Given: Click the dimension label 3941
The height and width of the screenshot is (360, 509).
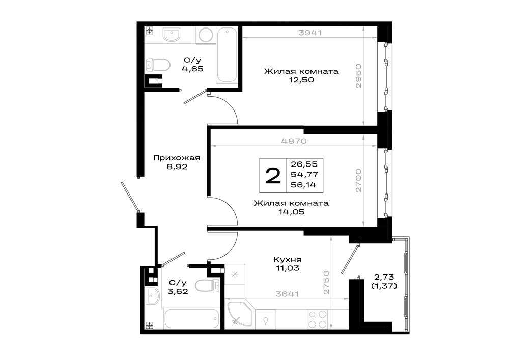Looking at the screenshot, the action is coord(309,33).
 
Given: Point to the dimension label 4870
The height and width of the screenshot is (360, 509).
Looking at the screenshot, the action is coord(294,141).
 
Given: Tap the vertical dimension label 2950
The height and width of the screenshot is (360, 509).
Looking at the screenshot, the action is coord(358,76).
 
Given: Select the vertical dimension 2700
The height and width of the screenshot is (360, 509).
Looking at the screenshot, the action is coord(358,180).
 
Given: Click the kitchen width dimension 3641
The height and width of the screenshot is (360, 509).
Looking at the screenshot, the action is coord(287,294).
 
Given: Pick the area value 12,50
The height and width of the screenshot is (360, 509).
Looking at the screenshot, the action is coord(301,80).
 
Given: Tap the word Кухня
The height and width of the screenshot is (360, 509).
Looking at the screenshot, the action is coord(288,260).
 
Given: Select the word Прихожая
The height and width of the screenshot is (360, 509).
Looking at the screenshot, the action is coord(177,158).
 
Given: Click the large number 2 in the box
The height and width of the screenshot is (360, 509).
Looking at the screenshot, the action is coord(273,176).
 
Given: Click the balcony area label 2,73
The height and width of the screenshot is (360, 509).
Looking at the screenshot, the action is coord(384,277).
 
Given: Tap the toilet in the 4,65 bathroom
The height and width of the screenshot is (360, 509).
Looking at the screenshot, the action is coord(158,65).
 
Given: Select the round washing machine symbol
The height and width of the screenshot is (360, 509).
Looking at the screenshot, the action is coord(206,35).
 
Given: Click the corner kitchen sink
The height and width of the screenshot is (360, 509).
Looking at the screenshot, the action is coord(240,313).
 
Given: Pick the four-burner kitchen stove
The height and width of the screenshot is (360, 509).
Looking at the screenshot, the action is coord(317,319).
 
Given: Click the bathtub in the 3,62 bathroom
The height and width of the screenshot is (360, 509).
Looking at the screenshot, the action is coord(191,319).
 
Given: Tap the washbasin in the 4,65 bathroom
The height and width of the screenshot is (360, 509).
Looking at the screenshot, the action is coord(171,35).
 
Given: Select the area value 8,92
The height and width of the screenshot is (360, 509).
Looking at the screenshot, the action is coord(177,167).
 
